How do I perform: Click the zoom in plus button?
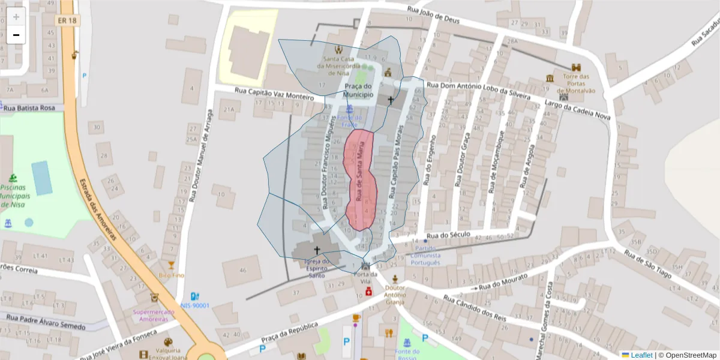[x=16, y=17]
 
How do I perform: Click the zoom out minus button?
[x=16, y=35]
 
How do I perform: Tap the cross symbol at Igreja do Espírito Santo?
[x=317, y=250]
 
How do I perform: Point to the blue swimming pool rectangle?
[x=42, y=178]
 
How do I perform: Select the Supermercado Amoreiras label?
[x=154, y=316]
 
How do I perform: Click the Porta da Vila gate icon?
[x=365, y=265]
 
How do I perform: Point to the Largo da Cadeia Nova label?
[x=577, y=110]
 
